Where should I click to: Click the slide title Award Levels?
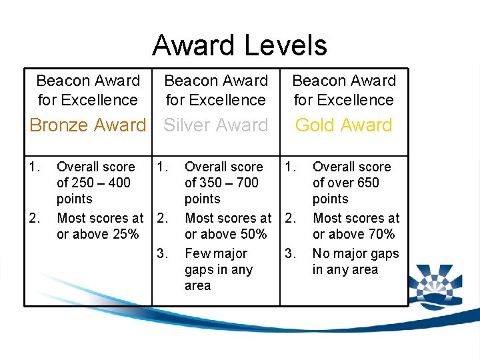click(239, 45)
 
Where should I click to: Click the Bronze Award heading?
click(87, 125)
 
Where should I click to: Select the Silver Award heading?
click(216, 125)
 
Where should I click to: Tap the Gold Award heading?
click(343, 125)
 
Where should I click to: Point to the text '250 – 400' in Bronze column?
click(101, 183)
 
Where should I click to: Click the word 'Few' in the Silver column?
click(197, 253)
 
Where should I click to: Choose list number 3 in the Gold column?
click(290, 253)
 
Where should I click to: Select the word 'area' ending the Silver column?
click(197, 285)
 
